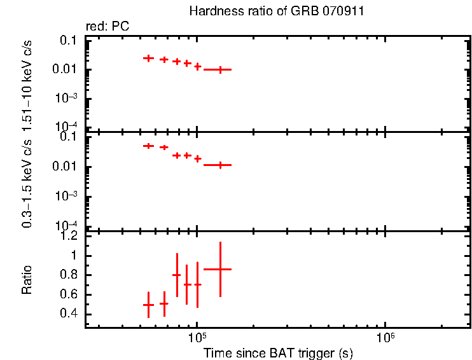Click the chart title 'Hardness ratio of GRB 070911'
click(277, 11)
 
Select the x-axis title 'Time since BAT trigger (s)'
click(278, 352)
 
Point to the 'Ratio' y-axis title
click(27, 280)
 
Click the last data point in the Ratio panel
click(220, 269)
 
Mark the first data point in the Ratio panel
click(148, 305)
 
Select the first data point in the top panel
click(148, 58)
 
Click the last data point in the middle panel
click(220, 165)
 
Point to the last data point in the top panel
click(220, 69)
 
